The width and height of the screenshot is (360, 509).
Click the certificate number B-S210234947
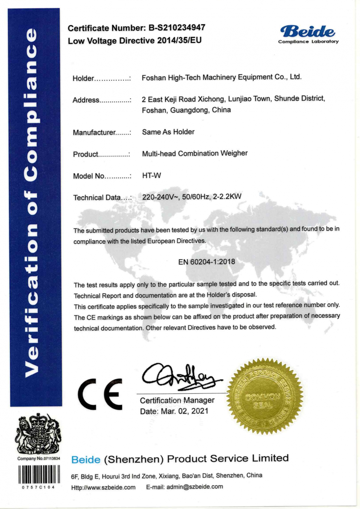(177, 27)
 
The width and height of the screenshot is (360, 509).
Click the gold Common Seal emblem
(265, 396)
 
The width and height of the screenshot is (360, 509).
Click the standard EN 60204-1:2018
(206, 262)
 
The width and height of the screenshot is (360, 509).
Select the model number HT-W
(152, 175)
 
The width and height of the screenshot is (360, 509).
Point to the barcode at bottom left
(38, 474)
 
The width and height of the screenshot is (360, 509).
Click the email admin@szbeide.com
(194, 487)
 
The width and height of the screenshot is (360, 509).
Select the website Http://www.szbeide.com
(103, 487)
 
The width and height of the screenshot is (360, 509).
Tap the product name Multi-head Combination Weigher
(195, 153)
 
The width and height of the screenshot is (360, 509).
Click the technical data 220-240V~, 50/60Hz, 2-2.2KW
(192, 197)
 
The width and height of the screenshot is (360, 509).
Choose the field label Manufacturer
(94, 133)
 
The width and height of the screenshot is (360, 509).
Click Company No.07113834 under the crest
(39, 459)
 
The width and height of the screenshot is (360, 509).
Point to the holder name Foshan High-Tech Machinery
(221, 77)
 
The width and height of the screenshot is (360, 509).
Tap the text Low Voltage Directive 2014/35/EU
(135, 40)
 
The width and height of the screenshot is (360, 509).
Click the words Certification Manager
(177, 400)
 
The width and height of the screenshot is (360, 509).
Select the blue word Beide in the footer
(86, 459)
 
